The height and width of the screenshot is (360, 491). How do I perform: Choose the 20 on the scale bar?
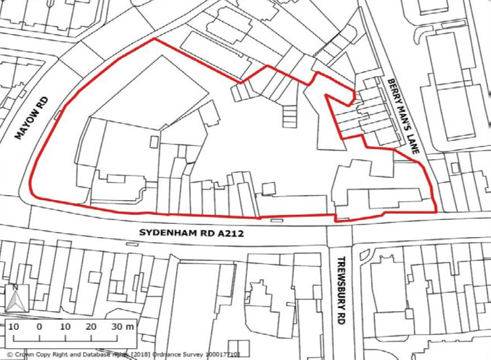91,326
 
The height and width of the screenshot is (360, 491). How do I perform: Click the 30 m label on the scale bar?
122,326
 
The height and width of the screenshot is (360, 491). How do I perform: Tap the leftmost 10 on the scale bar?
13,326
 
